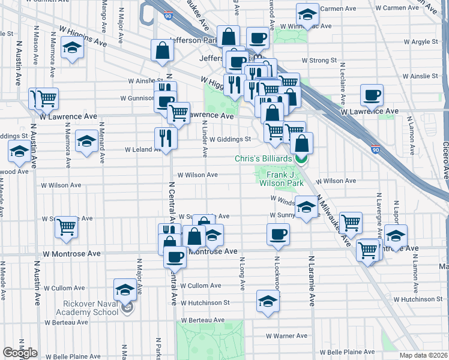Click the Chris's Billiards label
click(x=264, y=158)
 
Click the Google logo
click(x=20, y=353)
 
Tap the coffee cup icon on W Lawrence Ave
click(x=372, y=95)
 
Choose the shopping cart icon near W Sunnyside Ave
click(x=66, y=227)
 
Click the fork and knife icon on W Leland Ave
click(x=165, y=138)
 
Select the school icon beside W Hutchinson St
click(x=268, y=301)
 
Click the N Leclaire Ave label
click(x=342, y=79)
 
